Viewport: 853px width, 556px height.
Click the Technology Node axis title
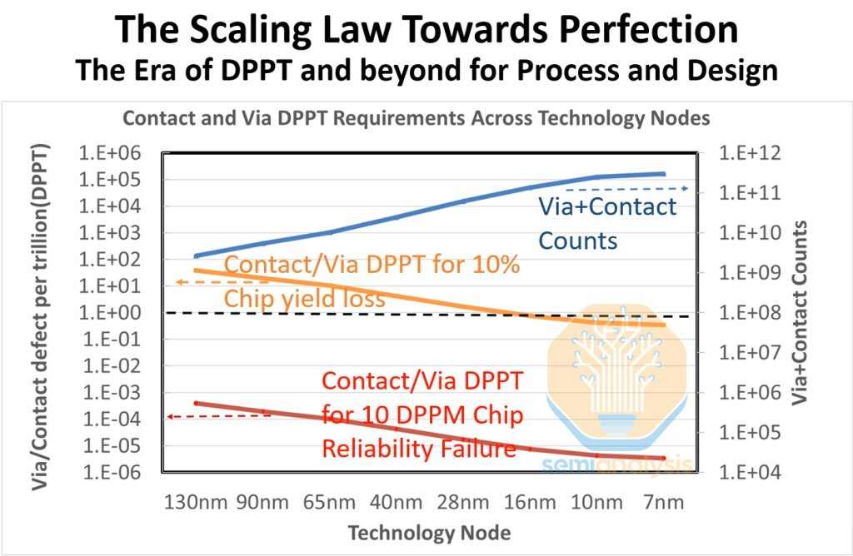(429, 532)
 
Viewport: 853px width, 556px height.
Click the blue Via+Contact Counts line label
(606, 224)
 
